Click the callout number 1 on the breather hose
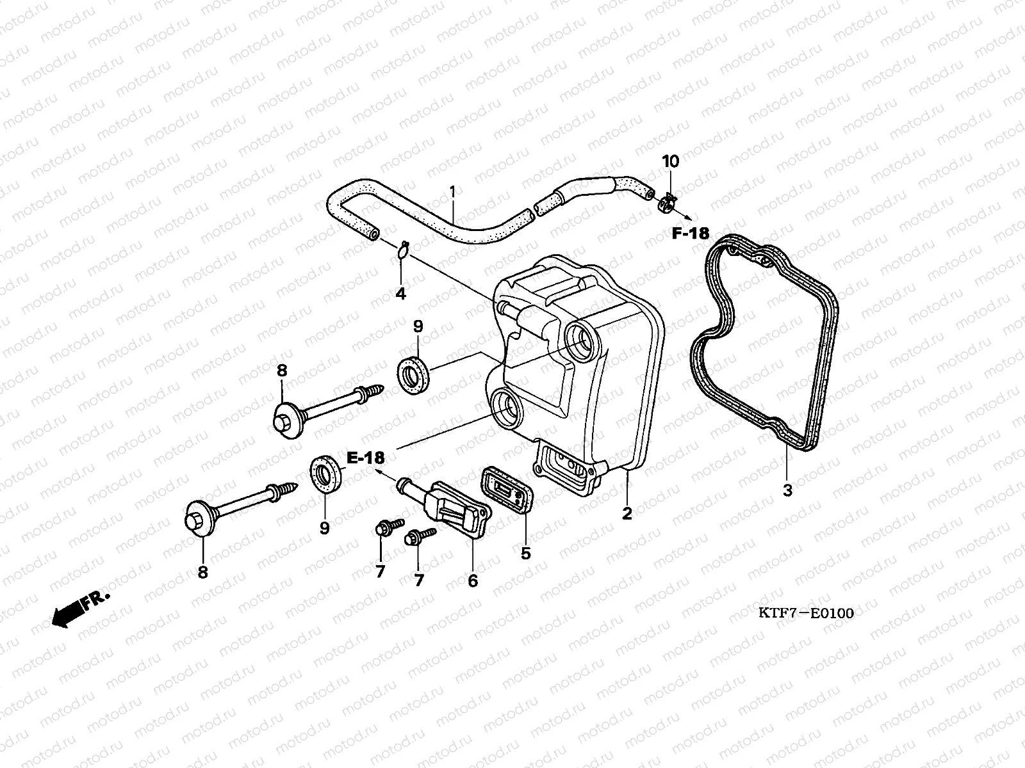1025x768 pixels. tap(452, 191)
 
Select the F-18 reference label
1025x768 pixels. tap(691, 234)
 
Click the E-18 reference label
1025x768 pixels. tap(366, 458)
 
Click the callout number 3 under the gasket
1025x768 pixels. tap(787, 491)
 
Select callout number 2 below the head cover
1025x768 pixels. tap(627, 513)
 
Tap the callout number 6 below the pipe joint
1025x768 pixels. tap(473, 580)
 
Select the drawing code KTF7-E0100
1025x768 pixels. tap(806, 613)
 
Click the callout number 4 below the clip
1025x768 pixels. tap(400, 294)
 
